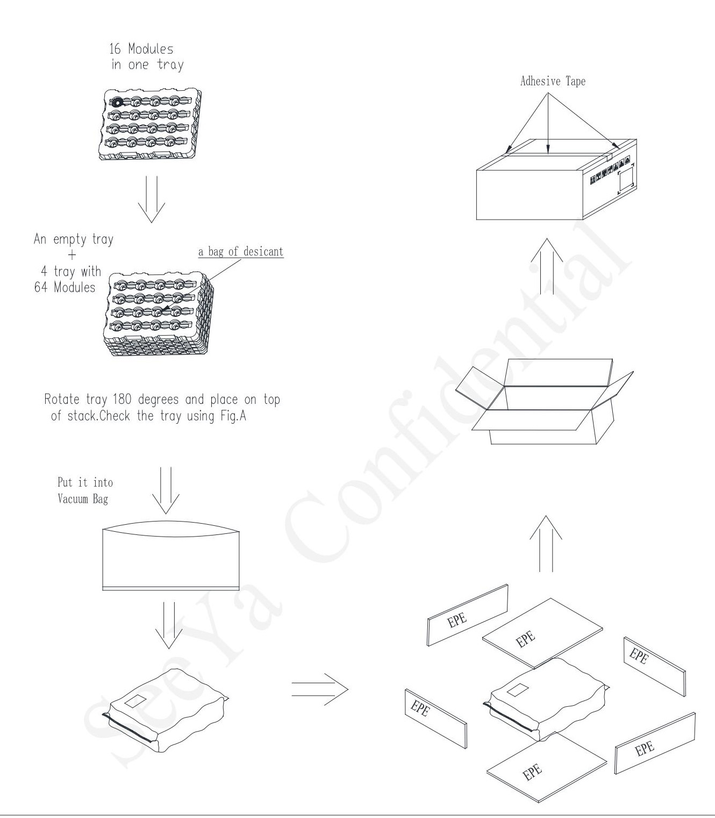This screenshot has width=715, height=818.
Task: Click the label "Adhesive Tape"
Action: (x=553, y=81)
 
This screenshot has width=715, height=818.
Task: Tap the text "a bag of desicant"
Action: (x=241, y=251)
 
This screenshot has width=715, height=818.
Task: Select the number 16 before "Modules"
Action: (x=115, y=49)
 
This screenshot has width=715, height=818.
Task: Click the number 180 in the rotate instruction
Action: (x=122, y=399)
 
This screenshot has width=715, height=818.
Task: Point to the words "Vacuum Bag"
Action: (x=83, y=499)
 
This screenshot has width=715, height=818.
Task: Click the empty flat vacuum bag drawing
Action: (x=171, y=555)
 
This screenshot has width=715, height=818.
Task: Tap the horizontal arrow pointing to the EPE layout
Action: (x=320, y=689)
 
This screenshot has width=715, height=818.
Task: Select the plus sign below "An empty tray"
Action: (x=72, y=255)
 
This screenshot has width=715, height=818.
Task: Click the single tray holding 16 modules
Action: (x=150, y=124)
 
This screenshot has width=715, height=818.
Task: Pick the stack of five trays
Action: (x=159, y=314)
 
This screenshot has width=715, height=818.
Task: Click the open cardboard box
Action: (x=545, y=401)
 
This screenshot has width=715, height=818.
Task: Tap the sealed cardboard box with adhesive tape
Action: (x=556, y=179)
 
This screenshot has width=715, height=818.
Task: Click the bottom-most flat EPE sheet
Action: (x=547, y=767)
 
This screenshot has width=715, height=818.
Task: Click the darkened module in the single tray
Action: (x=116, y=102)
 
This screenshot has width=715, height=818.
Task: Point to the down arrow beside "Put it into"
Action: (x=166, y=490)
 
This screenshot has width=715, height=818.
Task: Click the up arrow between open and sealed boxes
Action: (x=547, y=266)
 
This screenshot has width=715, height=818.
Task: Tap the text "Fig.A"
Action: (x=233, y=416)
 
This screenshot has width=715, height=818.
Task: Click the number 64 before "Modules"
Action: (x=41, y=287)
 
